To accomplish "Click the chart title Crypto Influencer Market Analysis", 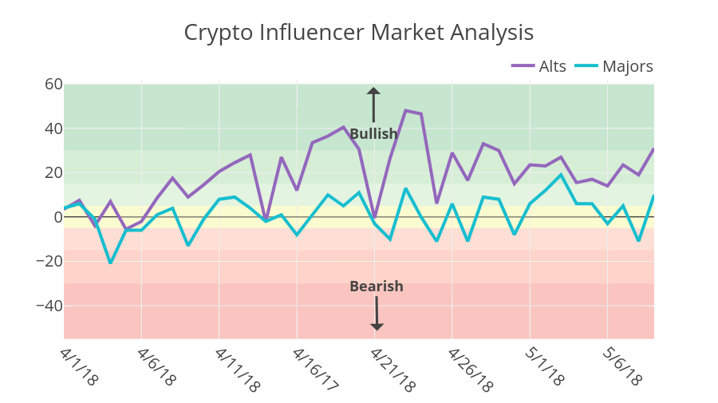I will click(358, 33).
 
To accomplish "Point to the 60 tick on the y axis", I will click(53, 85).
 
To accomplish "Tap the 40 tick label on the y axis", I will click(53, 128).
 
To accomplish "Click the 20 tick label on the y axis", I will click(53, 172).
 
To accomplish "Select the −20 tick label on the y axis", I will click(47, 261).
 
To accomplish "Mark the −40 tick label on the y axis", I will click(47, 306).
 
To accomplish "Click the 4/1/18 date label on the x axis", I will click(79, 366).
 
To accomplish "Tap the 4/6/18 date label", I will click(156, 366).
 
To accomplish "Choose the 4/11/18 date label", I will click(237, 369).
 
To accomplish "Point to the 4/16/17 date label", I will click(314, 369).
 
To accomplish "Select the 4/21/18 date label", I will click(393, 369).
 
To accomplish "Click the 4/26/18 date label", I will click(470, 369).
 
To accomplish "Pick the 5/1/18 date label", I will click(545, 366).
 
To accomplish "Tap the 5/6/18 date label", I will click(622, 366).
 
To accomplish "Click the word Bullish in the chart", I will click(373, 134).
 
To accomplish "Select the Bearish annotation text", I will click(377, 286).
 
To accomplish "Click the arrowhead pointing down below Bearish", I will click(377, 326).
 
